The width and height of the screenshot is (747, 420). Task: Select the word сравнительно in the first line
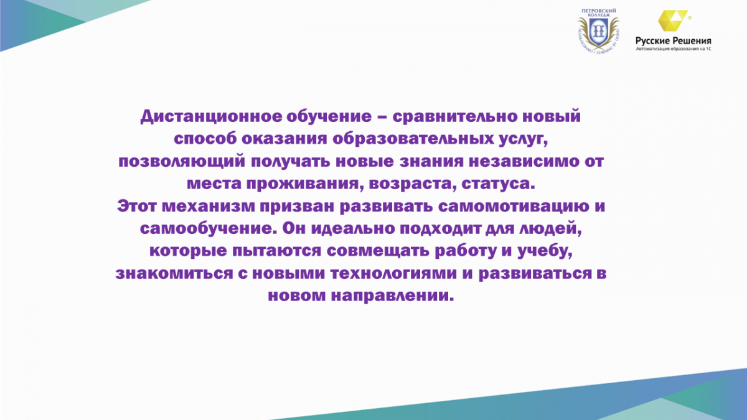[x=454, y=116]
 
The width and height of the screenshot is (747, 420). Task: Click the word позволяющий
[x=182, y=162]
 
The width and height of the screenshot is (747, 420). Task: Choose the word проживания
[x=305, y=184]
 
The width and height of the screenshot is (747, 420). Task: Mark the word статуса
[x=498, y=184]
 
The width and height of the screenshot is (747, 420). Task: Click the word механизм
[x=209, y=207]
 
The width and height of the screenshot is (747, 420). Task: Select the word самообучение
[x=209, y=229]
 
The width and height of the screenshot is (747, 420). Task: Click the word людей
[x=550, y=229]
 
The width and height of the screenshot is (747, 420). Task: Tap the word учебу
[x=545, y=251]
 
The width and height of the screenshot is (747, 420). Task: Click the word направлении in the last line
[x=393, y=296]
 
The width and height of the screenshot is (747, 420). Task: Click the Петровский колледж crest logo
[x=598, y=32]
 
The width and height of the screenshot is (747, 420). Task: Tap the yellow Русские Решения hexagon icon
[x=672, y=21]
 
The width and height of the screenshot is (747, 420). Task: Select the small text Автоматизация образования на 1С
[x=674, y=49]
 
